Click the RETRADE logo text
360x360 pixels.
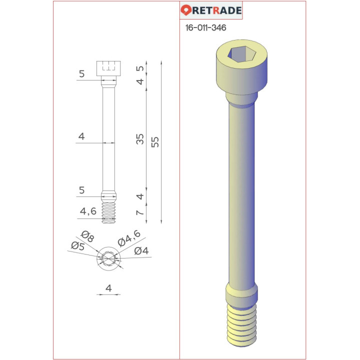216,10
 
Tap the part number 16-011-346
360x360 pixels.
205,28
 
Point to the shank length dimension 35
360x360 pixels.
140,139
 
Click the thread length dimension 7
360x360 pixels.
140,213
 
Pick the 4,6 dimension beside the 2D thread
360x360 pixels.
88,212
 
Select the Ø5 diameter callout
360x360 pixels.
77,245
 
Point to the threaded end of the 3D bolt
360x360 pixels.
241,325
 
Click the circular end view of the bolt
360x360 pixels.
109,258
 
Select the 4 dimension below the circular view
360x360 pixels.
108,287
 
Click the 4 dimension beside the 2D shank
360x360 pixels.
81,136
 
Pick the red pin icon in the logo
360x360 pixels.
185,10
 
